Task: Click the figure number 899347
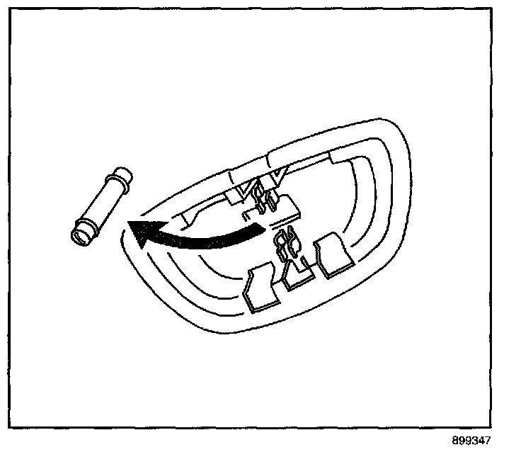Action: coord(469,441)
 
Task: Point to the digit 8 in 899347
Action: coord(453,441)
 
